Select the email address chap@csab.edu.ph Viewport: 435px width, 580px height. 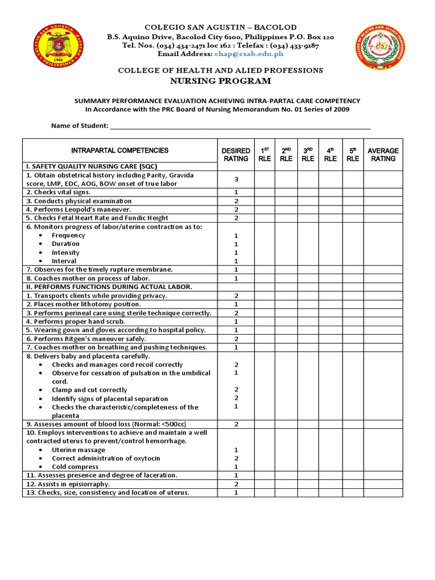[249, 54]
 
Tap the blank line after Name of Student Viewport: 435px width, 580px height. [240, 126]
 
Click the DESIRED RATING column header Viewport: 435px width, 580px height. [236, 155]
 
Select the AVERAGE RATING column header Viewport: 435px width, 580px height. [383, 155]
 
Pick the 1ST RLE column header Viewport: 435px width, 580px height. [265, 155]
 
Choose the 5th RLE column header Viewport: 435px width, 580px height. [352, 155]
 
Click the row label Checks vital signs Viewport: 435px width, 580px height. [58, 193]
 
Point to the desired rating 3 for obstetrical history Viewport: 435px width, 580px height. [236, 180]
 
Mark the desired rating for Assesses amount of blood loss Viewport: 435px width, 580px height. [236, 424]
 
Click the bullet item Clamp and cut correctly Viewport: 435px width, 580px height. [89, 390]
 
